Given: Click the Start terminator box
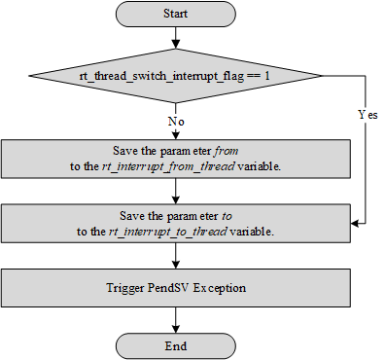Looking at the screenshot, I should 175,16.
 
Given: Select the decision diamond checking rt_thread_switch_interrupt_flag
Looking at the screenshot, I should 175,75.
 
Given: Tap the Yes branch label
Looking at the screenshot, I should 367,114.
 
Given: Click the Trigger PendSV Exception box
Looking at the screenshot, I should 175,288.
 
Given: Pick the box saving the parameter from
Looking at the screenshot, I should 175,159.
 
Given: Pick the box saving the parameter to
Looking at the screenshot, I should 175,224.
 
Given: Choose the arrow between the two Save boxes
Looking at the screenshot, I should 175,191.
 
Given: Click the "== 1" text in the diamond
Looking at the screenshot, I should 256,75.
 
